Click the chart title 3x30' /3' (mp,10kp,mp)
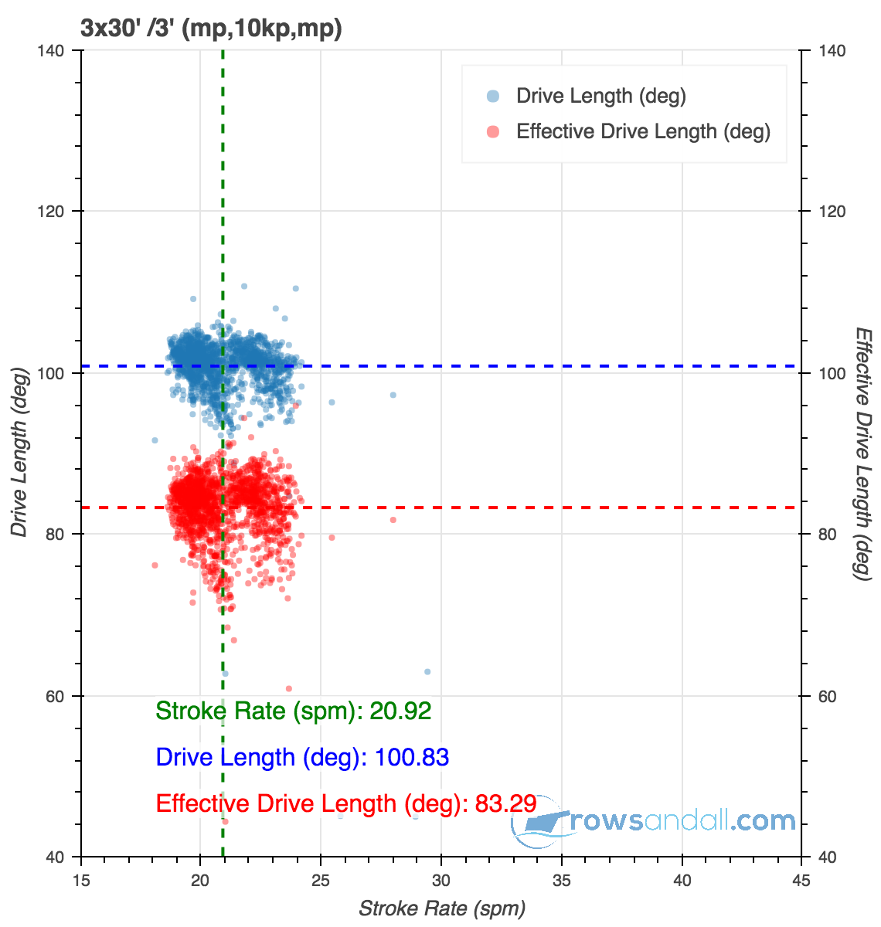point(211,29)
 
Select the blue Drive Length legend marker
point(492,97)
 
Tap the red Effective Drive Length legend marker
point(492,132)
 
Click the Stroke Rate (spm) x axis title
point(442,908)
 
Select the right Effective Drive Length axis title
point(863,453)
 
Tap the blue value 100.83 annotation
point(411,757)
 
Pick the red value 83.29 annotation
point(505,803)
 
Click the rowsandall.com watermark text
point(680,820)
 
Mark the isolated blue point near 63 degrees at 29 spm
point(427,672)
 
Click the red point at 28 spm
point(393,520)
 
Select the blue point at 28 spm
point(393,395)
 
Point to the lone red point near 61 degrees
point(289,688)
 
